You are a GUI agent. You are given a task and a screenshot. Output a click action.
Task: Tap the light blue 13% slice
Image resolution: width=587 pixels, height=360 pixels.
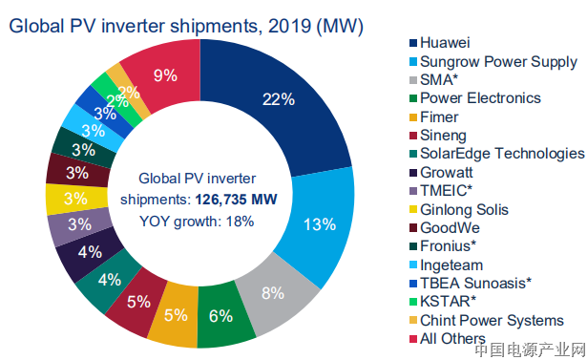click(x=319, y=225)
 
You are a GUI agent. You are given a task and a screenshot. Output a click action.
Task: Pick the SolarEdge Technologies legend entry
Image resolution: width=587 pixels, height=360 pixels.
click(x=502, y=154)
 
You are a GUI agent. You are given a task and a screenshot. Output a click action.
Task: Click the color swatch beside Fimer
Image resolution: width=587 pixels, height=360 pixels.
click(x=412, y=116)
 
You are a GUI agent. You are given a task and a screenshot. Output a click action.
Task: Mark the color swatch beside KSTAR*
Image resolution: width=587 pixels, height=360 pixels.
click(x=412, y=302)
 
